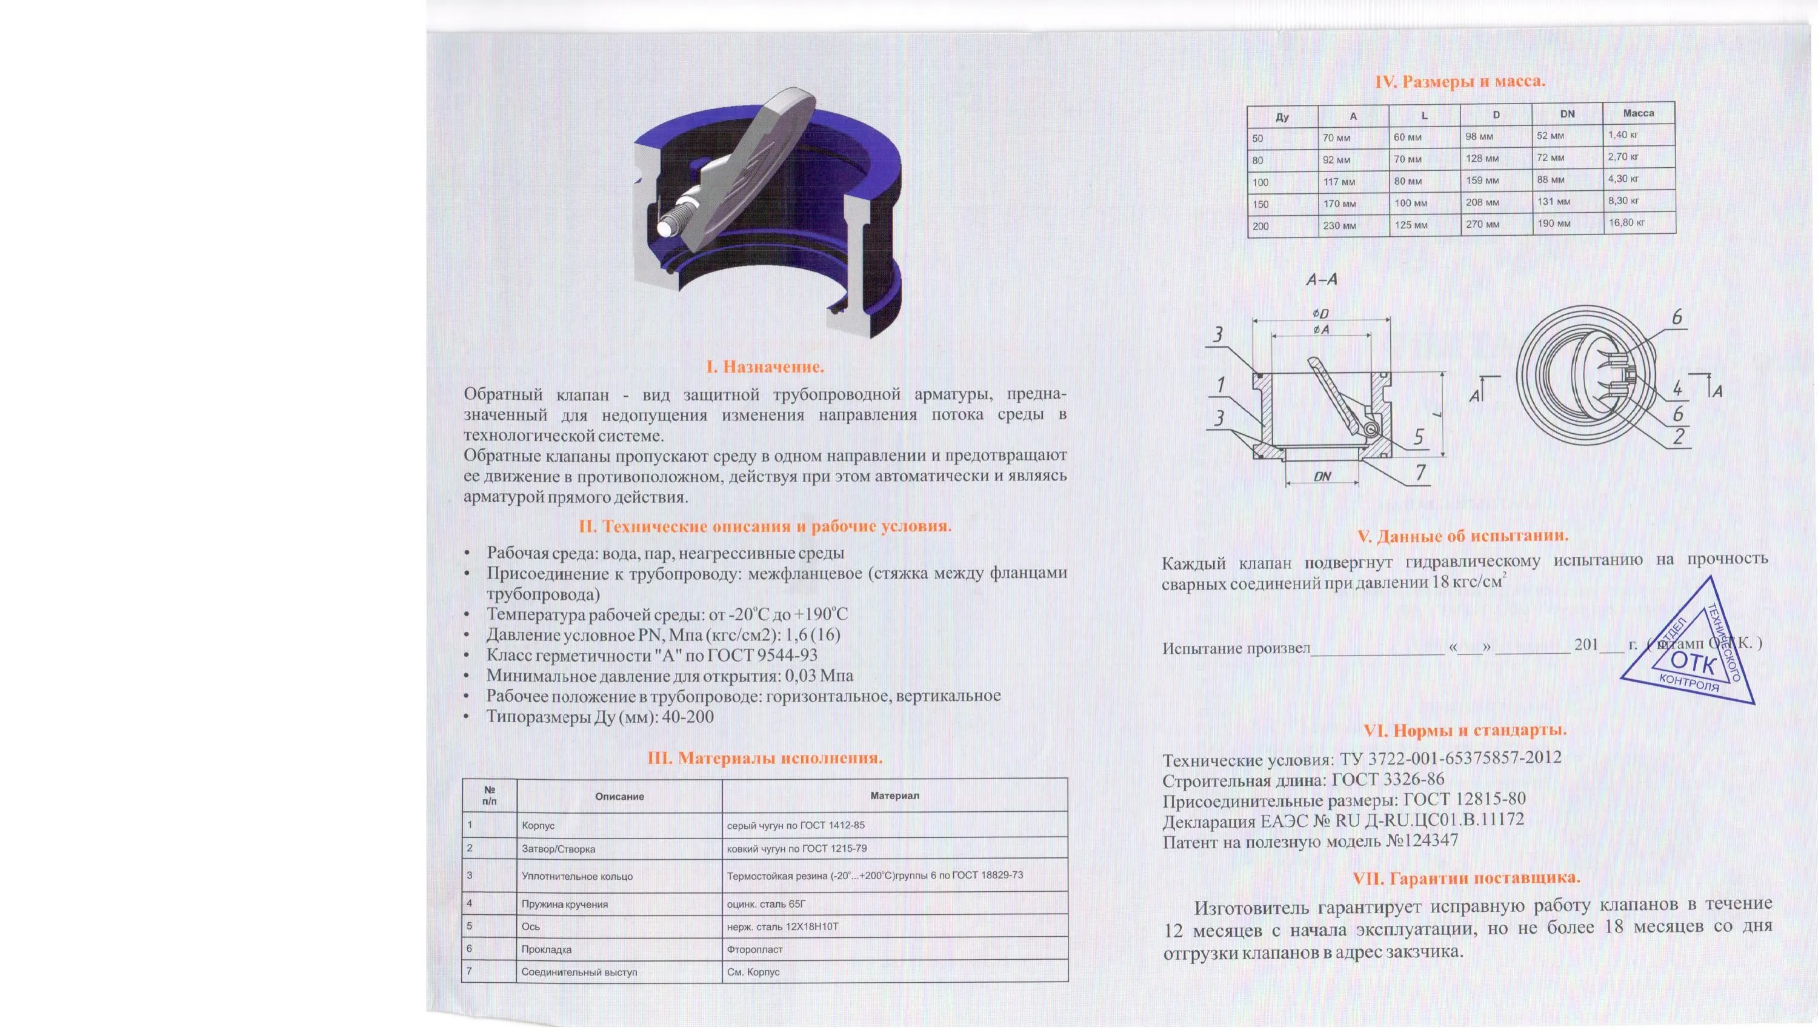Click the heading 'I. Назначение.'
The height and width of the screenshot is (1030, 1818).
765,367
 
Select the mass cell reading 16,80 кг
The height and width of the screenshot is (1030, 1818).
1627,222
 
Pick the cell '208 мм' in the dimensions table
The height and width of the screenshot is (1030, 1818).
1482,202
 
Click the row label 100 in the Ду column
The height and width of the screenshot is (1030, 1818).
1260,182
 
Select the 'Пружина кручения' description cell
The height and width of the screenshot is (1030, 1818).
565,904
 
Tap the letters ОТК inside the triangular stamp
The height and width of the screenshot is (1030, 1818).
1692,663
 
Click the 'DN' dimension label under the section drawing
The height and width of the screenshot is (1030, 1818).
1322,476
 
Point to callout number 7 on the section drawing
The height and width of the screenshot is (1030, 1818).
1420,472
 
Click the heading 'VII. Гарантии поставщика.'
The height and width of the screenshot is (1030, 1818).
1466,879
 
